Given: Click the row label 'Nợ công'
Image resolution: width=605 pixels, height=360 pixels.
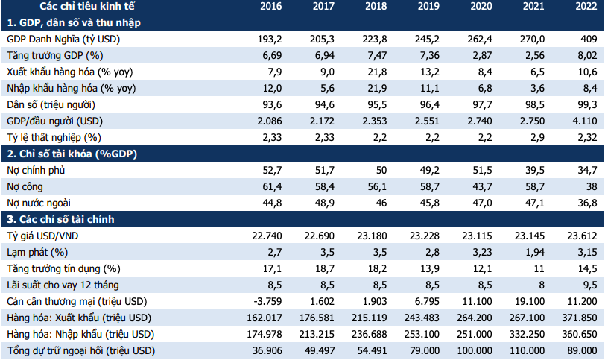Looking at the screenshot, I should point(25,186).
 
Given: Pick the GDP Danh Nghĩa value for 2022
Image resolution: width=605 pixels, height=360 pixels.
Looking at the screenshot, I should point(589,40).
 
